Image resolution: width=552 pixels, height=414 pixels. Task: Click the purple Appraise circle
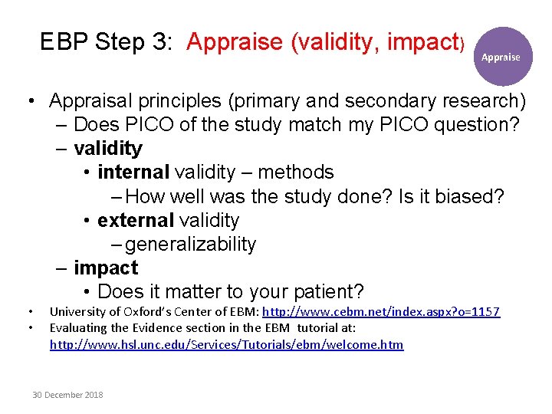coord(501,57)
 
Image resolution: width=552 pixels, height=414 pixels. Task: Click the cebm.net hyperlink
coord(381,311)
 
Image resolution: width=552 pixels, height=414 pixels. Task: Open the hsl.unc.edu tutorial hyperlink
coord(226,345)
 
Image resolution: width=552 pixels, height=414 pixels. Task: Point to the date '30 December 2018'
coord(67,395)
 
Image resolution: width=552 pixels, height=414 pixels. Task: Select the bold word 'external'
coord(135,221)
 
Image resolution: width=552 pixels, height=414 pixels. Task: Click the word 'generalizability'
coord(190,245)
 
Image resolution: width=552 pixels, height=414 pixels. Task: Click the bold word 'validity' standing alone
coord(108,148)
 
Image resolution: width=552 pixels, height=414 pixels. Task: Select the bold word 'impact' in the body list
coord(106,268)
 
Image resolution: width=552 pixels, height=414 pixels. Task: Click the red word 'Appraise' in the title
coord(235,43)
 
